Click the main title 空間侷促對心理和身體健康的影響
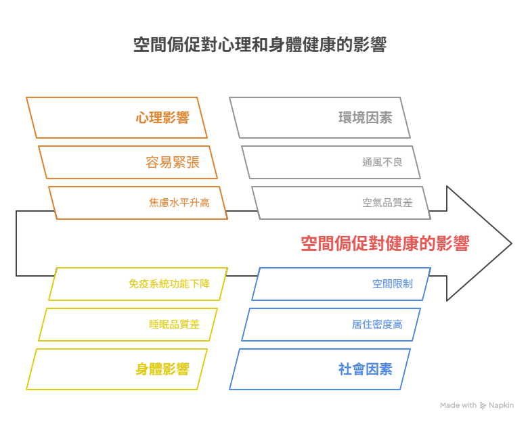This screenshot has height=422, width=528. [x=260, y=45]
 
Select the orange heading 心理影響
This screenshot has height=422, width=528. [x=162, y=118]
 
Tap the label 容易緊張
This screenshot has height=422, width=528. [x=173, y=162]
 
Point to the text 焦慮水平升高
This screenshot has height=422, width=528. [x=179, y=203]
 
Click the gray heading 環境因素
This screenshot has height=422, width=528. [x=366, y=118]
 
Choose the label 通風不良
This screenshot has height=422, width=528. [x=382, y=162]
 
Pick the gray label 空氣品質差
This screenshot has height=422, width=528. [x=387, y=203]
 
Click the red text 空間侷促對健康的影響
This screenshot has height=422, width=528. [x=385, y=243]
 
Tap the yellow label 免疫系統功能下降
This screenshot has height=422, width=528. [x=169, y=283]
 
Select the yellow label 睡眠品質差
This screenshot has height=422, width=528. [x=174, y=325]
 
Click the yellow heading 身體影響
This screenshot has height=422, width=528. [x=162, y=369]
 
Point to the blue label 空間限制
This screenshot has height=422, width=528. [x=393, y=283]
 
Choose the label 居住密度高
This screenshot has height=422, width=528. [x=377, y=325]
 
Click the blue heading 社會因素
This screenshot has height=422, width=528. [x=366, y=369]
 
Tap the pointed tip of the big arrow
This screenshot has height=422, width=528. [x=512, y=243]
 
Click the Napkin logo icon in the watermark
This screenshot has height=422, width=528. [x=483, y=406]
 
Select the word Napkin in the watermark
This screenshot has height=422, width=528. [x=501, y=406]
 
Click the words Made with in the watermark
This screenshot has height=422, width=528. [x=458, y=405]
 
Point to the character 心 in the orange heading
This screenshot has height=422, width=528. [x=142, y=118]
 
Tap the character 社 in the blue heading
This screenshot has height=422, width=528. [x=345, y=369]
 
